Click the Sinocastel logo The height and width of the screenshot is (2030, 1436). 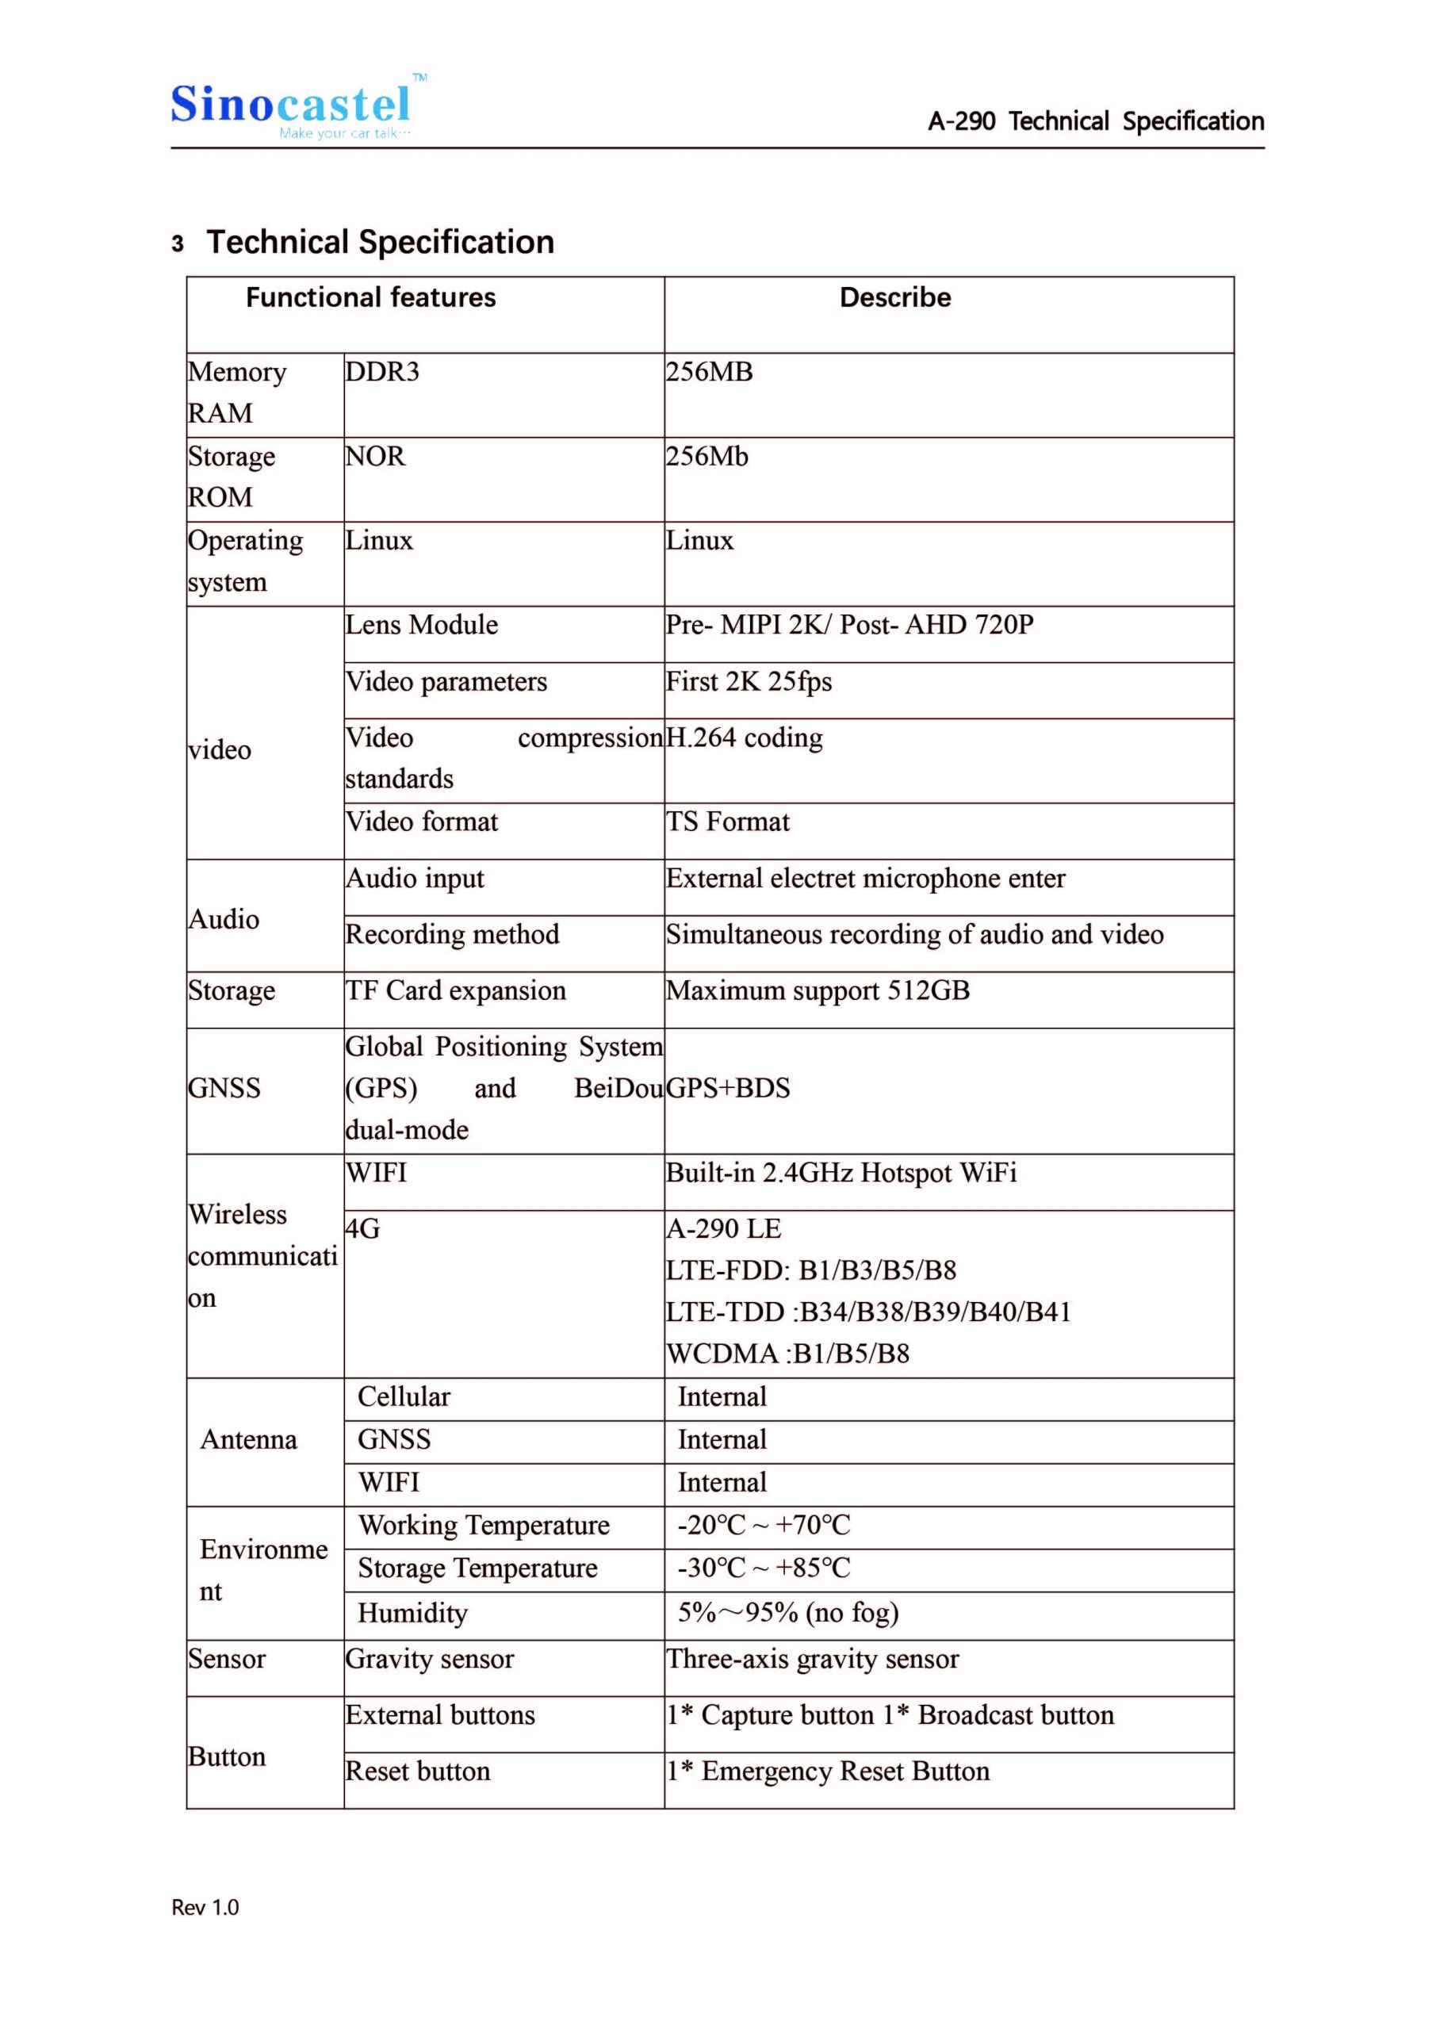pos(292,108)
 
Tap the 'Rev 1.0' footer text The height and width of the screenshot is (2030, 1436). pos(205,1907)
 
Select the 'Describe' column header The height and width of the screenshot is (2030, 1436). pos(895,298)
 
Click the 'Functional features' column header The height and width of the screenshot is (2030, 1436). pos(370,298)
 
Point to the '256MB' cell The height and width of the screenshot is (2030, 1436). pos(709,372)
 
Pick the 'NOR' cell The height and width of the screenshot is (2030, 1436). pos(375,456)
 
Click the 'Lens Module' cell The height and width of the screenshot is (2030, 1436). pos(422,625)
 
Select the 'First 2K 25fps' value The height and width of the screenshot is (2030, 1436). pos(749,682)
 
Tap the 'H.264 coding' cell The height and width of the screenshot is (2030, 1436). pos(745,737)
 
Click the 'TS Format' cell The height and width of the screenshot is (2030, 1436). pos(728,822)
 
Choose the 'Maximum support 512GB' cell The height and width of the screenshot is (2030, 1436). pos(818,990)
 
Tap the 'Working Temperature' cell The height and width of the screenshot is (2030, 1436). pos(484,1525)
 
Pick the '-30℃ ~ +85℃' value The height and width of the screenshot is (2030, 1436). pos(764,1568)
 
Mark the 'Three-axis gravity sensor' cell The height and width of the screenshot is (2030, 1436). pos(813,1659)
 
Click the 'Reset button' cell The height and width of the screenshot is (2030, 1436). pos(417,1771)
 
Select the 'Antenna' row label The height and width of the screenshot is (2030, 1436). pos(248,1439)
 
